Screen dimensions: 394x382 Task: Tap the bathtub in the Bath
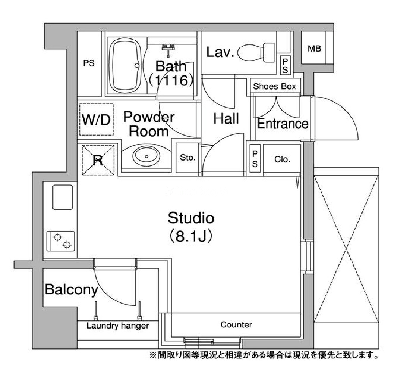(x=126, y=66)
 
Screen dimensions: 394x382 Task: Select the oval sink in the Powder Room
(x=146, y=156)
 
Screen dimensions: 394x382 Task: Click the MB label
(x=314, y=48)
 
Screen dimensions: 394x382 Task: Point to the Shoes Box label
(x=274, y=86)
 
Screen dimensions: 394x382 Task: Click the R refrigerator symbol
(x=98, y=160)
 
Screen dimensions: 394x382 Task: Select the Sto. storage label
(x=187, y=158)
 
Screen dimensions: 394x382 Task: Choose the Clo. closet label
(x=282, y=159)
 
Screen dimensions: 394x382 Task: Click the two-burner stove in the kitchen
(x=60, y=241)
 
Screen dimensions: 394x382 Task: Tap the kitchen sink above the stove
(x=63, y=197)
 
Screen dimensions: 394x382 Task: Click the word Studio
(x=191, y=218)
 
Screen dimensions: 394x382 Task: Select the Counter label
(x=236, y=324)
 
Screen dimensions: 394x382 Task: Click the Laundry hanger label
(x=117, y=326)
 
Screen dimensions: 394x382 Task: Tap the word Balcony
(x=71, y=290)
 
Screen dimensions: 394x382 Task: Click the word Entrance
(x=283, y=124)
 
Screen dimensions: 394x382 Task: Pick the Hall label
(x=226, y=118)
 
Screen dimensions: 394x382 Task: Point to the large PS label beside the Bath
(x=89, y=63)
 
